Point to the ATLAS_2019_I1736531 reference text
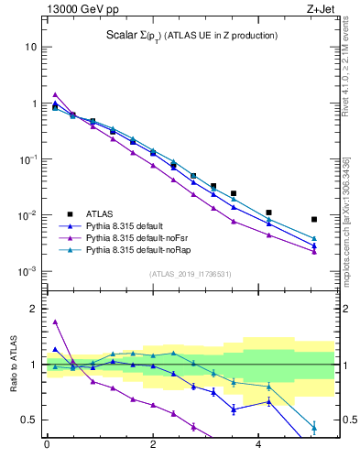pos(183,274)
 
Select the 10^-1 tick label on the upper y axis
pos(28,159)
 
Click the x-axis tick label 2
pos(153,444)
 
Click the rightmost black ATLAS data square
pos(314,220)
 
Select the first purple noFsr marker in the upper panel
pos(55,94)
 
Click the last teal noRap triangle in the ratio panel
pos(314,427)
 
